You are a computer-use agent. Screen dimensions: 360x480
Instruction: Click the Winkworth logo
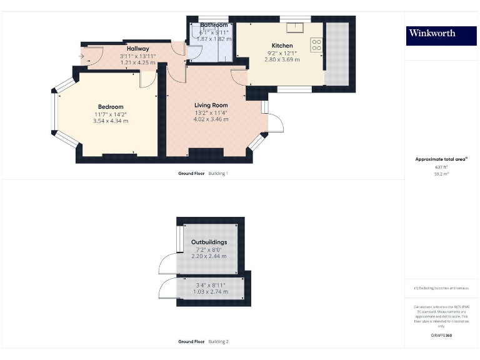[x=432, y=34]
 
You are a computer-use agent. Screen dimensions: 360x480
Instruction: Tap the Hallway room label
[x=137, y=49]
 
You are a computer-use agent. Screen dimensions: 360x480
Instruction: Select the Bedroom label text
[x=111, y=107]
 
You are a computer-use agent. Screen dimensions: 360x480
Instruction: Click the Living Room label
[x=211, y=106]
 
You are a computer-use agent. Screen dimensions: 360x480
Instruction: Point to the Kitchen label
[x=282, y=46]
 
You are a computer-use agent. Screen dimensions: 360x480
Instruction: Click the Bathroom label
[x=214, y=25]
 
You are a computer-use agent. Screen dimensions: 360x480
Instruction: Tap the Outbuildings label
[x=209, y=242]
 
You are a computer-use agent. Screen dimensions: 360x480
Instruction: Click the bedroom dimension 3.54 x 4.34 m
[x=111, y=121]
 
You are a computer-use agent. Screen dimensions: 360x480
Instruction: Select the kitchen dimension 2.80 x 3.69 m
[x=282, y=60]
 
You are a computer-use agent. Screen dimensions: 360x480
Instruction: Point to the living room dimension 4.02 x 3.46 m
[x=211, y=119]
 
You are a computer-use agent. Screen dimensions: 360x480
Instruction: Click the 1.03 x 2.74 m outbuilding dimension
[x=209, y=292]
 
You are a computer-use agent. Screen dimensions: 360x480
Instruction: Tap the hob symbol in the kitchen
[x=316, y=44]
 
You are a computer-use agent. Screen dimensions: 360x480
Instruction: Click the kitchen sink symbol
[x=294, y=27]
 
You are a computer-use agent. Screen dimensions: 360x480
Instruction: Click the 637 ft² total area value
[x=441, y=167]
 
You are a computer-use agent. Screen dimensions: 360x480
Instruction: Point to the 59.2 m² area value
[x=441, y=174]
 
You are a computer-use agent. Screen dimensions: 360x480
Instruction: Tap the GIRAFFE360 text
[x=441, y=336]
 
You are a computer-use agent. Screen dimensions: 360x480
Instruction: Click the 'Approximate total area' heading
[x=441, y=159]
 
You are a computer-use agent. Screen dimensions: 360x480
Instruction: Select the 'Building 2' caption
[x=218, y=342]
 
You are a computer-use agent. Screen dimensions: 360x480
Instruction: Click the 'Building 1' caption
[x=218, y=173]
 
